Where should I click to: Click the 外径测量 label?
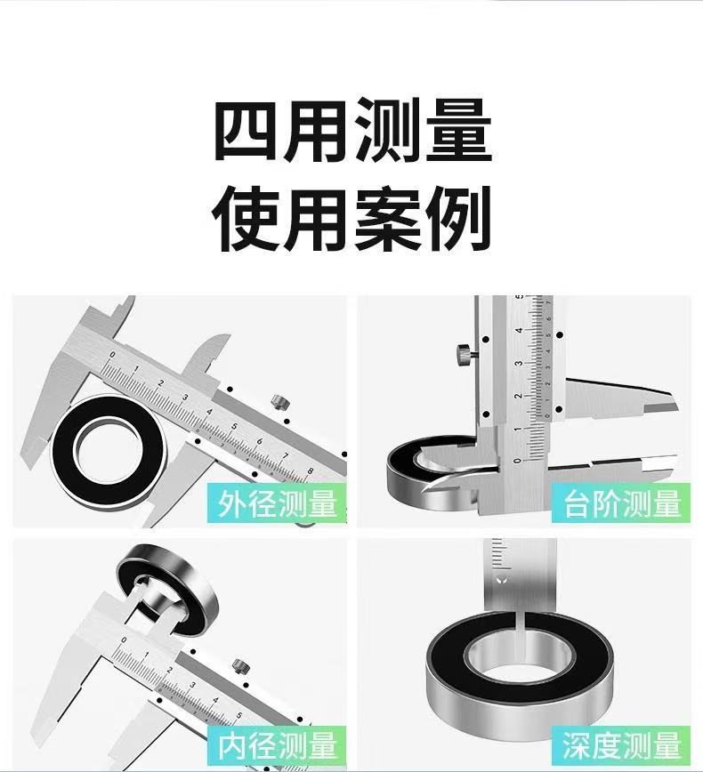tap(277, 503)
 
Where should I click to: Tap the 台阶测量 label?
tap(622, 503)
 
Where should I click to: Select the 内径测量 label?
tap(277, 745)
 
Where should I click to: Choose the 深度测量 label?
tap(622, 745)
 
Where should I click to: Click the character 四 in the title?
tap(244, 130)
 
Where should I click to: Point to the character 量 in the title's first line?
tap(459, 130)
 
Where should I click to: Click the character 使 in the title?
tap(245, 219)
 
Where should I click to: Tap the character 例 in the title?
tap(459, 219)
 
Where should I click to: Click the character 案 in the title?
tap(388, 219)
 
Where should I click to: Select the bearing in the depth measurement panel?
tap(520, 676)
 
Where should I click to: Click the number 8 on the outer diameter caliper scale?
tap(310, 470)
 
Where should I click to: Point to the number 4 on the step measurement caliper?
tap(518, 330)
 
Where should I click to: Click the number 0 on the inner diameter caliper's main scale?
tap(124, 640)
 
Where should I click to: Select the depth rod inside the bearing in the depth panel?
tap(523, 640)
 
